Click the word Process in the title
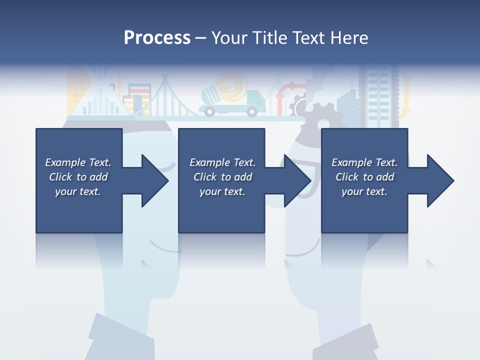(x=157, y=38)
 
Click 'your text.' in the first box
(x=78, y=191)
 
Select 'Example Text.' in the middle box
(x=222, y=162)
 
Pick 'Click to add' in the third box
(x=365, y=177)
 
